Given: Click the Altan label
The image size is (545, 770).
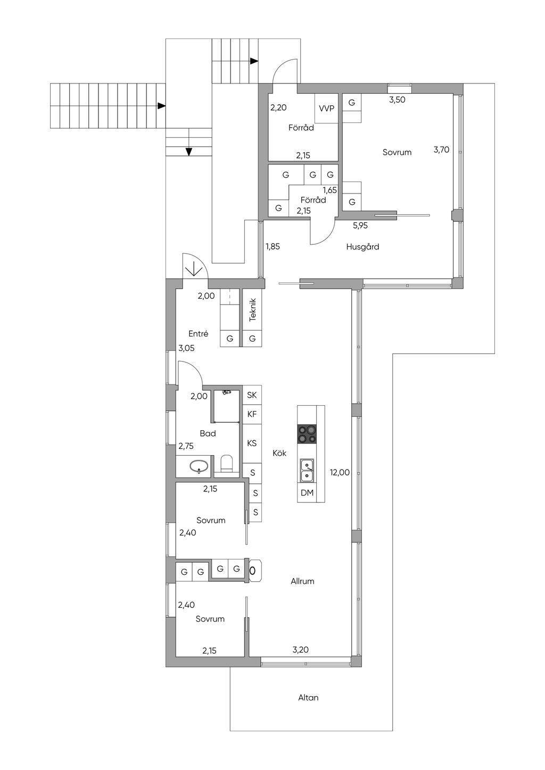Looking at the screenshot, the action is (x=308, y=698).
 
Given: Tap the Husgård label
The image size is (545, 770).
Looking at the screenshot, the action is (x=362, y=246).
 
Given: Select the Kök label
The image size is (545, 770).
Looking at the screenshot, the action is (x=279, y=453).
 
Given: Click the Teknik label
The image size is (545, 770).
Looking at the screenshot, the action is (x=253, y=310).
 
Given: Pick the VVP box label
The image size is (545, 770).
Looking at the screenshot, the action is (x=326, y=108).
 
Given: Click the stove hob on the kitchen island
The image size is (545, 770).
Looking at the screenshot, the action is (x=307, y=434).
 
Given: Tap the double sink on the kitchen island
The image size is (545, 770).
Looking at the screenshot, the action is (x=307, y=471).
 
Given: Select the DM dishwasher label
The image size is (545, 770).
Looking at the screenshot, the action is (x=307, y=492).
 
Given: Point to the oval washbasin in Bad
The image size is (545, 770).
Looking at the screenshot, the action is (x=199, y=466).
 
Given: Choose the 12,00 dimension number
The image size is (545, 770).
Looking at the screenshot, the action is (x=340, y=472).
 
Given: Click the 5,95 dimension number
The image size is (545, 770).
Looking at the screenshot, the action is (x=360, y=225).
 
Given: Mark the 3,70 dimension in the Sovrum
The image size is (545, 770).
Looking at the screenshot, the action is (x=441, y=149).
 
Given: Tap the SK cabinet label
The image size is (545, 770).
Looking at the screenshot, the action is (x=252, y=395).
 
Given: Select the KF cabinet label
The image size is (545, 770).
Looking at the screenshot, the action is (x=252, y=414).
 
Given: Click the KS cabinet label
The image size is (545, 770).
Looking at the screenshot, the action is (x=252, y=443).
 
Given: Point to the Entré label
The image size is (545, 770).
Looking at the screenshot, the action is (x=198, y=333).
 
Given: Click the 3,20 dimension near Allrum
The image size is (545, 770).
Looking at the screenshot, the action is (x=300, y=649).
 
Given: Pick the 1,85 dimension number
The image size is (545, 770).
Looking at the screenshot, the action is (x=272, y=246).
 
